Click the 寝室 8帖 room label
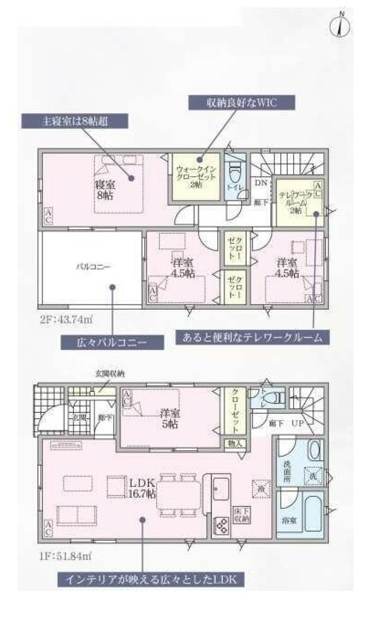tap(104, 190)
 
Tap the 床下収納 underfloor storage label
tap(241, 515)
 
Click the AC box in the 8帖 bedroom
tap(48, 217)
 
